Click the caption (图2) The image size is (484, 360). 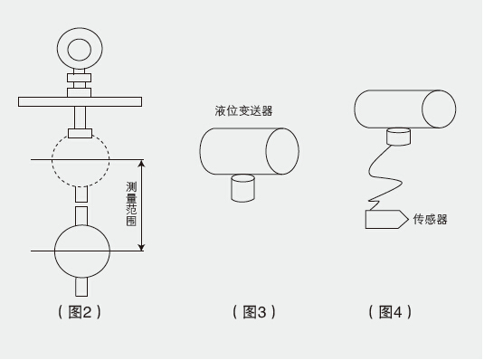tap(80, 312)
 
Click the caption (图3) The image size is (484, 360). tap(253, 312)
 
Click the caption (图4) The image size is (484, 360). tap(390, 312)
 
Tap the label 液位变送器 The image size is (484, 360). tap(244, 111)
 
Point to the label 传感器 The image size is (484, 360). tap(430, 220)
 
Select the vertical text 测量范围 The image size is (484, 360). tap(131, 204)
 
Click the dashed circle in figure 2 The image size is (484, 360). tap(52, 159)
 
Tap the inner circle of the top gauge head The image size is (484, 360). tap(68, 50)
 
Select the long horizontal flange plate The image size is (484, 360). tap(80, 102)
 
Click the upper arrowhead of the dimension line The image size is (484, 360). tap(141, 164)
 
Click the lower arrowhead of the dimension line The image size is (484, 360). tap(141, 247)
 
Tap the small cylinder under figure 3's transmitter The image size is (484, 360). tap(243, 188)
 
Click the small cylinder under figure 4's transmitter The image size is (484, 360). tap(398, 137)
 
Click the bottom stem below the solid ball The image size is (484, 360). tap(81, 287)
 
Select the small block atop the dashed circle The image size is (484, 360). tap(80, 133)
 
